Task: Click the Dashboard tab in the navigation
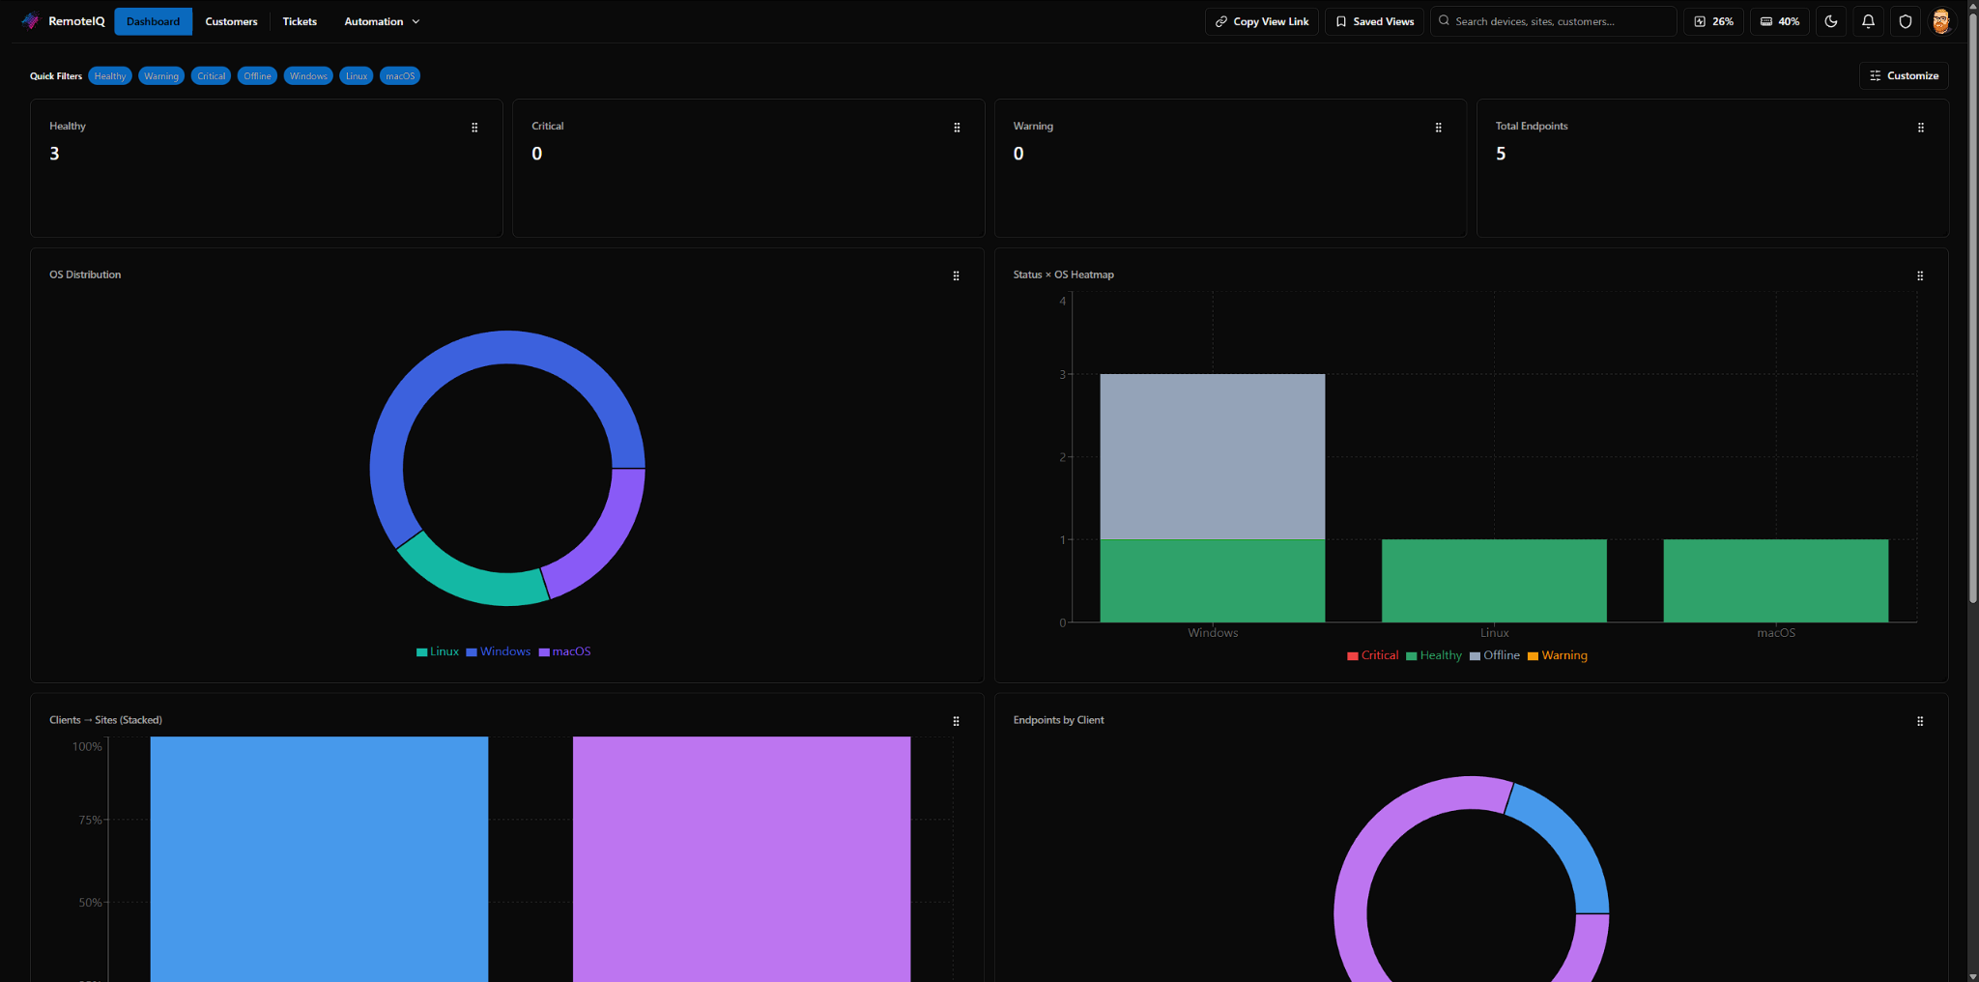click(153, 21)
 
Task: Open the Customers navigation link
click(231, 21)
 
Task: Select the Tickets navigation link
click(300, 21)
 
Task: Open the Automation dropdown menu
click(382, 21)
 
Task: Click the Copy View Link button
click(1262, 21)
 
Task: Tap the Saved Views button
click(1374, 21)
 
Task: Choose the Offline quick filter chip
click(257, 76)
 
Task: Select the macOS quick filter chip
click(400, 76)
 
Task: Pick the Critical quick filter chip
click(211, 76)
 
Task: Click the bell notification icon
click(1868, 21)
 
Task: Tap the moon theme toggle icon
click(1831, 21)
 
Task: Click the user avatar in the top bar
click(1941, 21)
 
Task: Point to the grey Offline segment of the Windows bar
click(1212, 456)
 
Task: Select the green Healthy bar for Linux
click(1494, 581)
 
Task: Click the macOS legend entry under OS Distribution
click(565, 651)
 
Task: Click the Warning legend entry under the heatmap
click(1558, 655)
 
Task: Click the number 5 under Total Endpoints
click(1501, 154)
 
